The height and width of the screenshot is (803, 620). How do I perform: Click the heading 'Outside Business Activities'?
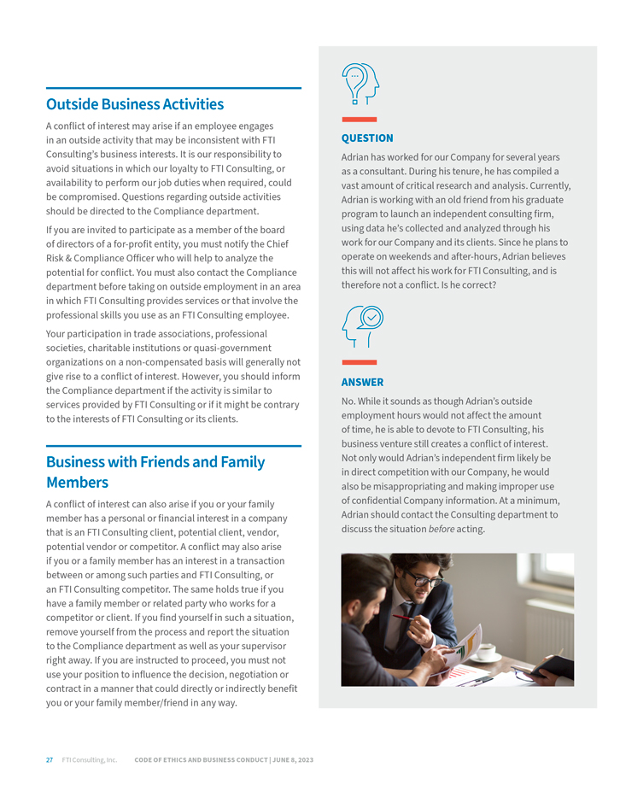tap(135, 104)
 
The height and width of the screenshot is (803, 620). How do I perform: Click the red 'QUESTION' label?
tap(367, 138)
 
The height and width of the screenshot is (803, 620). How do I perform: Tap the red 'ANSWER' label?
tap(362, 383)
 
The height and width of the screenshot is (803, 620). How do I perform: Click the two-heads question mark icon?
tap(360, 84)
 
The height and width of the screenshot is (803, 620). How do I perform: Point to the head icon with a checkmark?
tap(362, 326)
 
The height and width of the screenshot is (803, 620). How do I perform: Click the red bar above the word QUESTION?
tap(359, 120)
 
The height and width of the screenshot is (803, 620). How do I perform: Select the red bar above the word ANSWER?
tap(359, 363)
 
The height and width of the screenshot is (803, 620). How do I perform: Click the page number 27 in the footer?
tap(50, 759)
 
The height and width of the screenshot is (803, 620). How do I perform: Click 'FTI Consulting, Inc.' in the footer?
tap(90, 759)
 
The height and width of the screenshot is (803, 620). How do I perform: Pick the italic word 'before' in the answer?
tap(441, 529)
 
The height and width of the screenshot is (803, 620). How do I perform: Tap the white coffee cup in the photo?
tap(485, 654)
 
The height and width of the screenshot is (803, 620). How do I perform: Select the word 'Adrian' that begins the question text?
tap(355, 157)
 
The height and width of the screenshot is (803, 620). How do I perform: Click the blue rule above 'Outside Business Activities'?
tap(173, 88)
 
